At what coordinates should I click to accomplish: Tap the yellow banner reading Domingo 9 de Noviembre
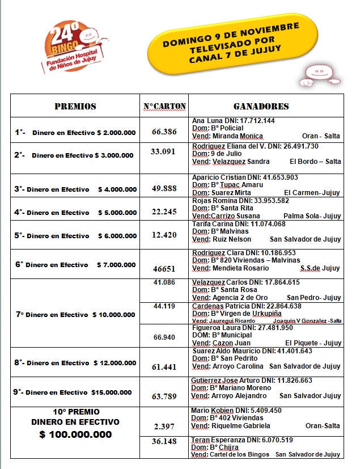click(x=231, y=44)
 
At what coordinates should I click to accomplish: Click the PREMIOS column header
click(x=75, y=106)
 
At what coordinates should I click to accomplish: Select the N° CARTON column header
click(x=164, y=106)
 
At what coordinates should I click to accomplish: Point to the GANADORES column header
click(x=261, y=106)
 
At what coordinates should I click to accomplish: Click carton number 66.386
click(x=164, y=132)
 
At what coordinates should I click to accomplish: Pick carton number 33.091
click(x=162, y=151)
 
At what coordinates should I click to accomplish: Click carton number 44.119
click(x=164, y=306)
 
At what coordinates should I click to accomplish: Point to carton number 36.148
click(x=164, y=441)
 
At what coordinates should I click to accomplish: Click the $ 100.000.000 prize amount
click(x=75, y=434)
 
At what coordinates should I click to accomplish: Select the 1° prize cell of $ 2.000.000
click(x=75, y=133)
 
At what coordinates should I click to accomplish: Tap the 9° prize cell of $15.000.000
click(x=75, y=392)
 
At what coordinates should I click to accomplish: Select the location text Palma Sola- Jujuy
click(x=313, y=216)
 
